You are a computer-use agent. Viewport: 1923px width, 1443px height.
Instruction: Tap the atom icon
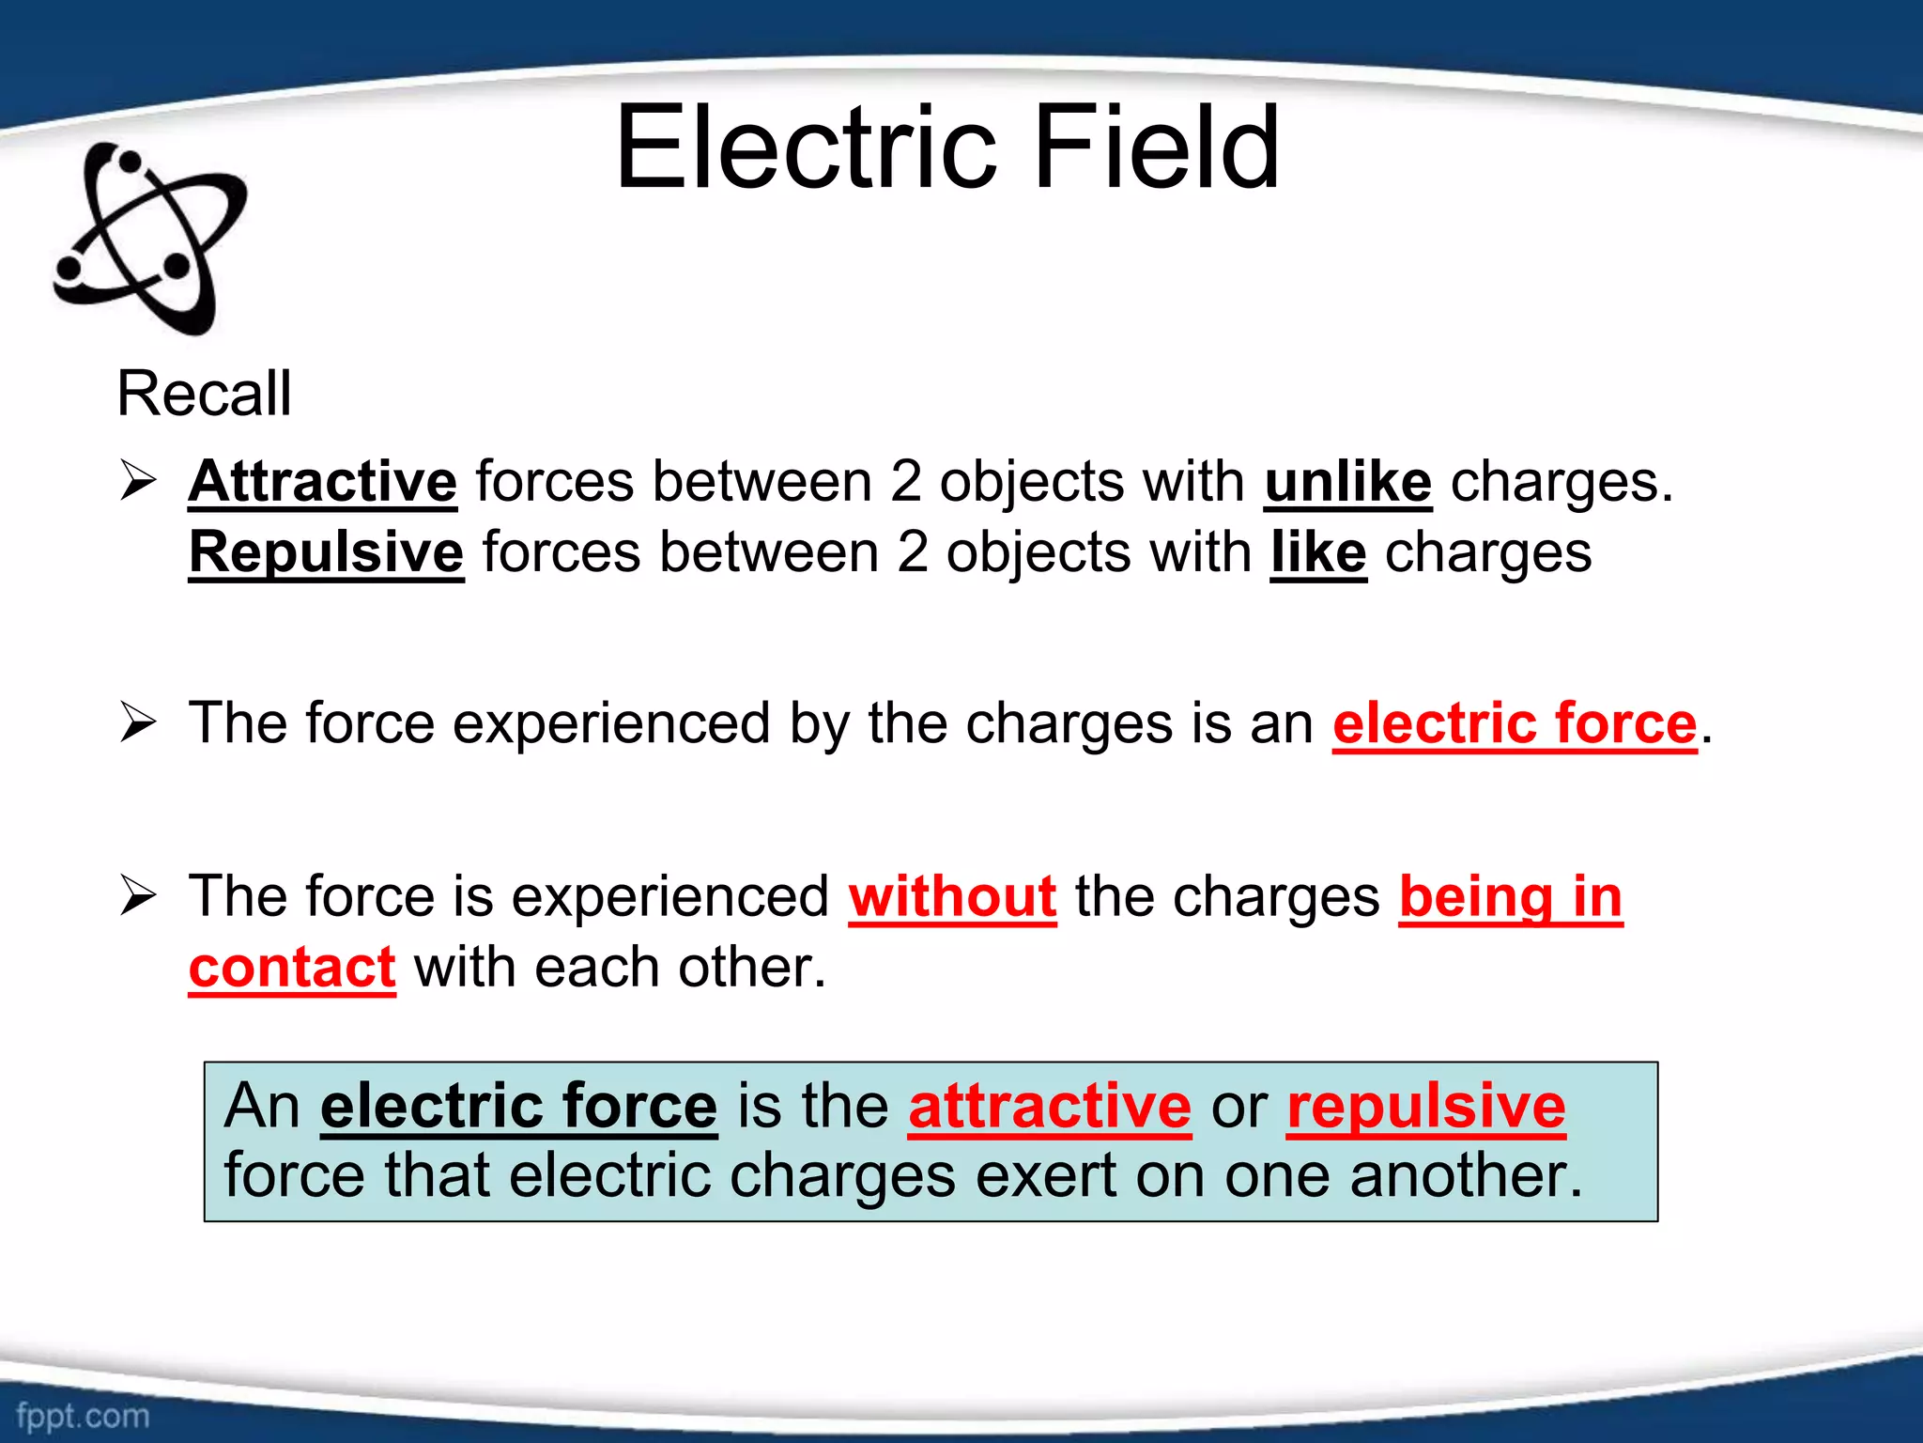point(150,239)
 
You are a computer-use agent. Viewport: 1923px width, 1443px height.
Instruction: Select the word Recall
point(204,393)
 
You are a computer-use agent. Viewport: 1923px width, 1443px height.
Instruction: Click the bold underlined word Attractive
point(322,482)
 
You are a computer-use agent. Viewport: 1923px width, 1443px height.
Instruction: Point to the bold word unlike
point(1347,482)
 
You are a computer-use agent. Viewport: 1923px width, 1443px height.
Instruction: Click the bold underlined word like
point(1318,552)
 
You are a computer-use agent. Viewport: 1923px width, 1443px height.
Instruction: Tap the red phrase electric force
point(1515,723)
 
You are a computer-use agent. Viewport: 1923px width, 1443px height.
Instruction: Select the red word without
point(952,896)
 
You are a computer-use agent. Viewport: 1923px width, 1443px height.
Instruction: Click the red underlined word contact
point(292,968)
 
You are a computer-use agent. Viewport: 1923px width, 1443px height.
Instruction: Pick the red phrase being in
point(1511,896)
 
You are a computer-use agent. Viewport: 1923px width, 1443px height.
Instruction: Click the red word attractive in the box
point(1050,1106)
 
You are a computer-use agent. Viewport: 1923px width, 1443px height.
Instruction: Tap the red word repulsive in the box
point(1425,1106)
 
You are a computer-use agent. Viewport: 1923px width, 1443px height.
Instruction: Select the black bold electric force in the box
point(518,1106)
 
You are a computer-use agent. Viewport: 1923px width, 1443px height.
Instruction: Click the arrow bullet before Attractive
point(138,481)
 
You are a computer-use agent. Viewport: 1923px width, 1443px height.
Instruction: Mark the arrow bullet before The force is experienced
point(138,895)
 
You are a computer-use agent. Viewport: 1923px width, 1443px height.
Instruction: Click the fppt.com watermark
point(83,1415)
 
